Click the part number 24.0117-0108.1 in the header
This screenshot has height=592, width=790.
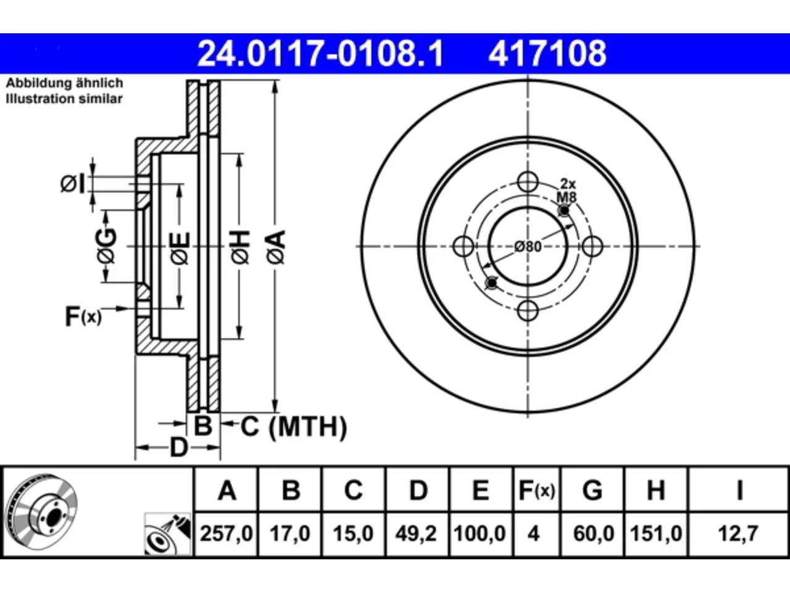pos(320,54)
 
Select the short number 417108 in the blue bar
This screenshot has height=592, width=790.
pos(547,54)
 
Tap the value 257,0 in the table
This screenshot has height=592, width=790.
pos(226,533)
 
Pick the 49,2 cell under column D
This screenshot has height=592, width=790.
pos(416,533)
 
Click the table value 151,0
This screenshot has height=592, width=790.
pos(655,533)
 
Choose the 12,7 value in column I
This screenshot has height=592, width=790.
pos(738,533)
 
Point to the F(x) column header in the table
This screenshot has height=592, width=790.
pos(536,490)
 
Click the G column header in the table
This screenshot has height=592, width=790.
pos(592,490)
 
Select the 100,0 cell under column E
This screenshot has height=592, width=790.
pos(480,533)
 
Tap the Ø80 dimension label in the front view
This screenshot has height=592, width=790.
pos(528,247)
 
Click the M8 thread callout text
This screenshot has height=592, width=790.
pos(567,197)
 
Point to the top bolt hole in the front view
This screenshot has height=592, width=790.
pos(528,182)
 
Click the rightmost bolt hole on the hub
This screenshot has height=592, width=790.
pos(592,246)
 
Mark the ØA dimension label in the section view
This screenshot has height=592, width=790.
pos(276,248)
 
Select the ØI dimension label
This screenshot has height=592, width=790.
pos(73,184)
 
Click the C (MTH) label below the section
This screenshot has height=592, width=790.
pos(294,427)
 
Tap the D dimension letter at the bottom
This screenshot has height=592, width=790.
pos(178,448)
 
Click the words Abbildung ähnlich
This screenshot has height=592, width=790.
pos(65,83)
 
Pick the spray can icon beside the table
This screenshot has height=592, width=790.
pos(167,534)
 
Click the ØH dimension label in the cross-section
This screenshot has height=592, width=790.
pos(241,247)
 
